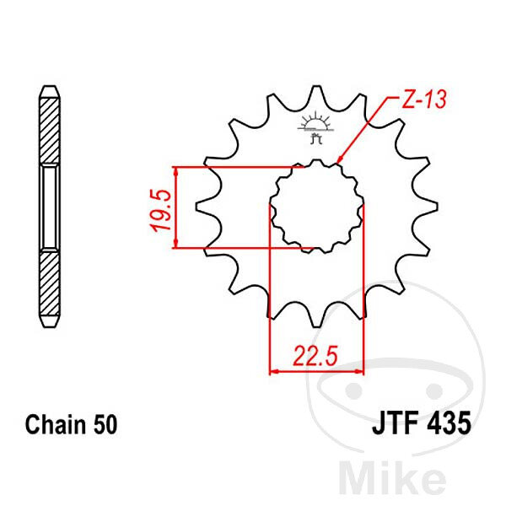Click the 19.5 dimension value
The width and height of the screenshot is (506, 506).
(160, 210)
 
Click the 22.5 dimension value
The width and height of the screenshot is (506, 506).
(315, 355)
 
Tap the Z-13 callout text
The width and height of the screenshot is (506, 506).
(423, 99)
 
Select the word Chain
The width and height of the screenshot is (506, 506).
(56, 425)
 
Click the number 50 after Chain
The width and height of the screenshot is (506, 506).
(105, 425)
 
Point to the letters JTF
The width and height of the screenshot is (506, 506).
(396, 423)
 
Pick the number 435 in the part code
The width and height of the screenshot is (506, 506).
(449, 423)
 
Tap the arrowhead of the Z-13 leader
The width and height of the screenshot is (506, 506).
(340, 160)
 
